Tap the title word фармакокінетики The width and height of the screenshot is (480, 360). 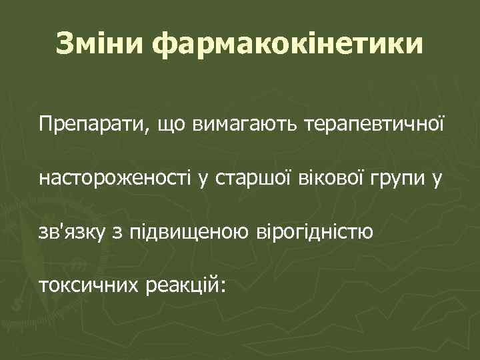(288, 44)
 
